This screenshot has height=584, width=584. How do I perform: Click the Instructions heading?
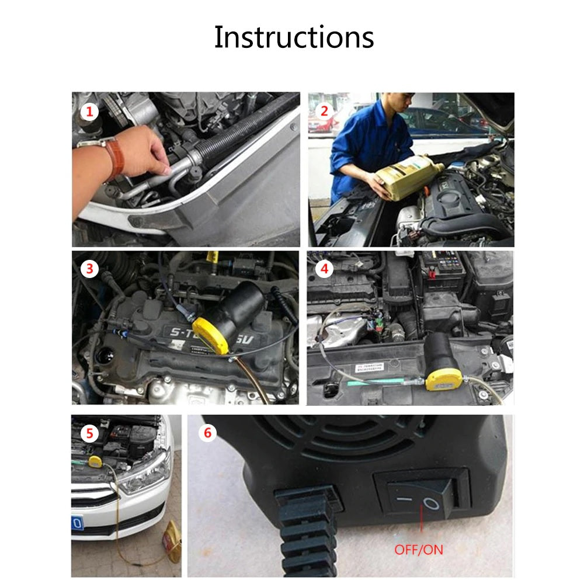pyautogui.click(x=294, y=37)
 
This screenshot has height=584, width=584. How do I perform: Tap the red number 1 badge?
pyautogui.click(x=89, y=112)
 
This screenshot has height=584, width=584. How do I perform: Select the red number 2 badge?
pyautogui.click(x=325, y=112)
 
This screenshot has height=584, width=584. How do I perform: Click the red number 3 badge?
pyautogui.click(x=89, y=269)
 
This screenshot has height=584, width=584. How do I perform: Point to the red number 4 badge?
pyautogui.click(x=325, y=269)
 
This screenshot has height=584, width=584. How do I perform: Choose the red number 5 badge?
pyautogui.click(x=89, y=433)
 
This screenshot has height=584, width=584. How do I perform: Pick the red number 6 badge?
pyautogui.click(x=207, y=433)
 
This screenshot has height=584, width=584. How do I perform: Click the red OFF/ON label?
pyautogui.click(x=418, y=550)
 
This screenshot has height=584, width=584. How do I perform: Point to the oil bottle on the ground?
pyautogui.click(x=171, y=540)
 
